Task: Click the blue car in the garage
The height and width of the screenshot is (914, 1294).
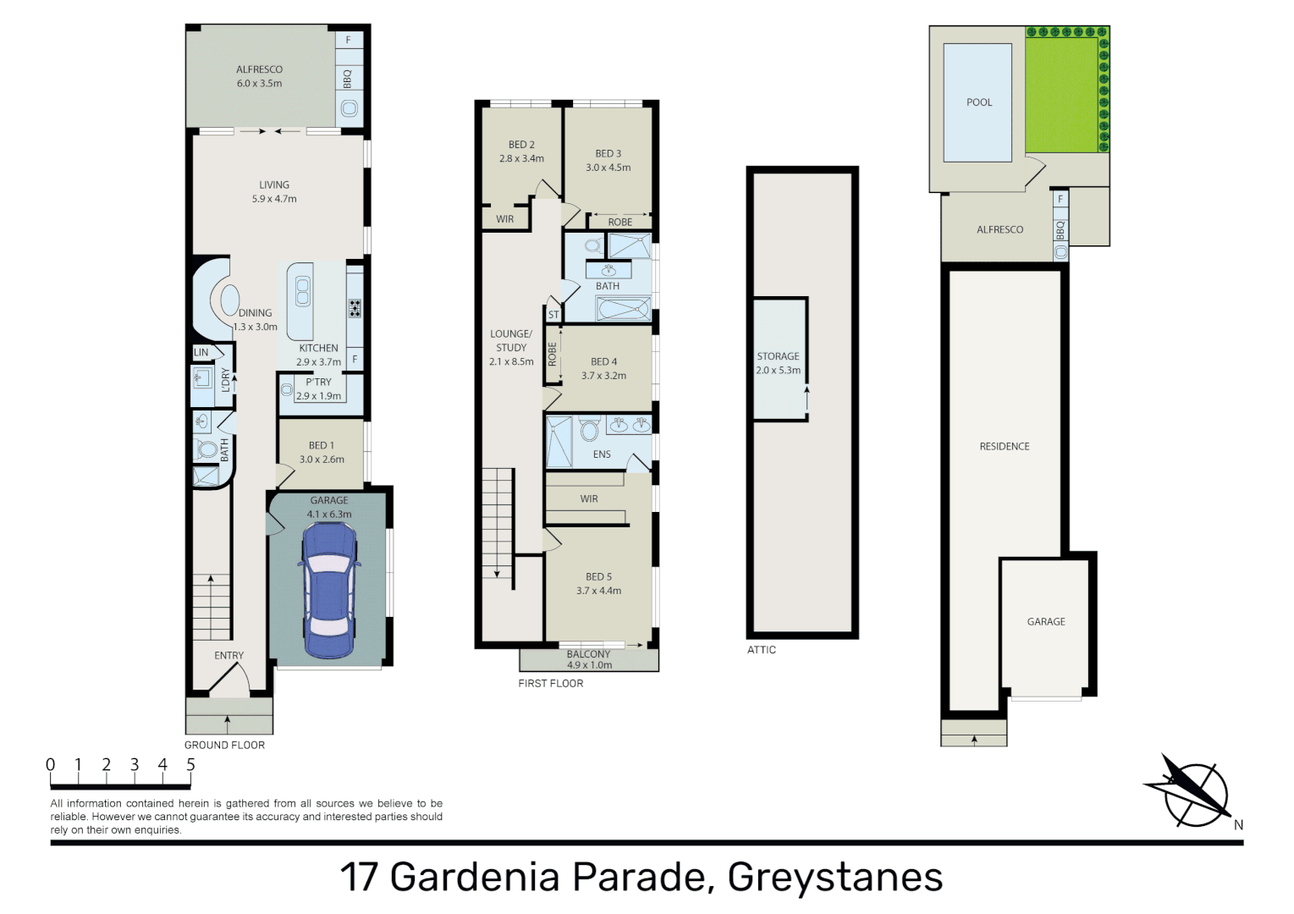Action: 328,590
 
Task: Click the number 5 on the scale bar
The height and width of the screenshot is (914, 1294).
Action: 190,765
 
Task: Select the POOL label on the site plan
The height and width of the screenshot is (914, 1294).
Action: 979,102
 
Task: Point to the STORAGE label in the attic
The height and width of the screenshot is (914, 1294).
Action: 778,356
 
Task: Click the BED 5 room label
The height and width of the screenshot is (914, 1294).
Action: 598,576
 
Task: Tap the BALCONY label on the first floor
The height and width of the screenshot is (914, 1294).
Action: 588,654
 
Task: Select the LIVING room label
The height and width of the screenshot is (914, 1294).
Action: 274,184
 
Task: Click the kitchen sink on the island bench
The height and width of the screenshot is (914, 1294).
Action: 302,293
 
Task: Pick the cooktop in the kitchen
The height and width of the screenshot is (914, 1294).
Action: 355,307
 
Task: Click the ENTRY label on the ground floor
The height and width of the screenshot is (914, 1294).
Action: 229,655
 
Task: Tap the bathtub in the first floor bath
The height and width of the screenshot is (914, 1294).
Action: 623,309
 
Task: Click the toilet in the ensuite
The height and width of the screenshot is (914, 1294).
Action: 590,431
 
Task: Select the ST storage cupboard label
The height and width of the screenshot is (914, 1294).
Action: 553,315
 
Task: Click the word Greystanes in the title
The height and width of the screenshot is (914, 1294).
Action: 834,877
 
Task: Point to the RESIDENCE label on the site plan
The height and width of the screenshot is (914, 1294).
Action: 1005,446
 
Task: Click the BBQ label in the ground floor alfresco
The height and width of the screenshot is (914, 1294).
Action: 348,80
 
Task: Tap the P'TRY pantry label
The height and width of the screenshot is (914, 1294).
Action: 319,382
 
